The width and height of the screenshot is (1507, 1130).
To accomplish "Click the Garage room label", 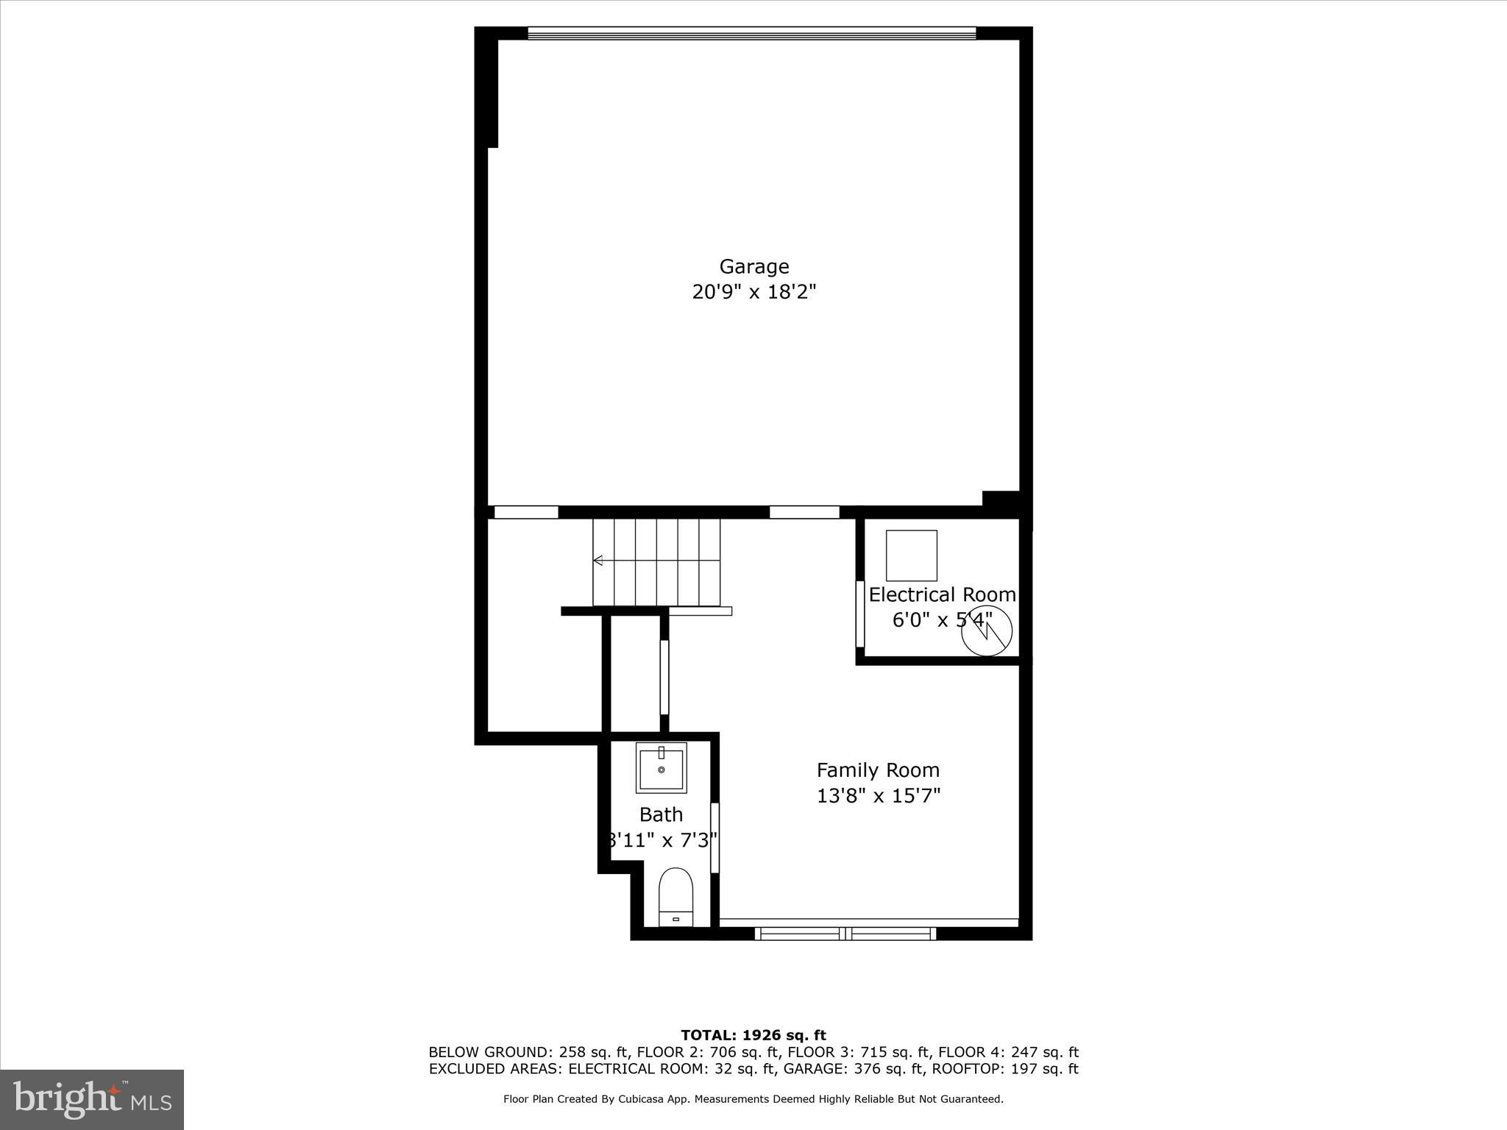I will [753, 266].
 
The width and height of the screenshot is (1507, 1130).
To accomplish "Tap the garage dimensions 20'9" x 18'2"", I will [753, 293].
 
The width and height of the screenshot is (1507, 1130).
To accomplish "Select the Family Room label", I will [878, 770].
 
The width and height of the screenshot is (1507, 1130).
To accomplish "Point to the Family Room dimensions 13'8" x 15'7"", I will [878, 796].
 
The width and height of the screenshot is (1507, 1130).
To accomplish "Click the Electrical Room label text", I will [942, 594].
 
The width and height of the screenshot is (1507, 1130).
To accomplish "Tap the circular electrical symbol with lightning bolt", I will [987, 630].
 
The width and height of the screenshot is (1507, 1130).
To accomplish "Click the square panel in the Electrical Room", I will [911, 555].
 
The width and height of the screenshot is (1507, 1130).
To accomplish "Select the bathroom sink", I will [661, 767].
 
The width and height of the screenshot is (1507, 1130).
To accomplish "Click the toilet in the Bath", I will [676, 897].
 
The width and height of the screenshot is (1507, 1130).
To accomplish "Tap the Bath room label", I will [661, 814].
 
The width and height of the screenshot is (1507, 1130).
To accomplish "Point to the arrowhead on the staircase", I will [598, 561].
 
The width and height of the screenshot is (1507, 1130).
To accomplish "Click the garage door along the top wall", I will [751, 33].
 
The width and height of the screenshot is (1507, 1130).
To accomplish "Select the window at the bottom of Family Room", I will [845, 934].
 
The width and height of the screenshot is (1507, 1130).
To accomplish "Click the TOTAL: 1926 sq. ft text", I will [753, 1036].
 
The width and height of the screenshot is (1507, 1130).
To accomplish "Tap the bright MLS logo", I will [92, 1100].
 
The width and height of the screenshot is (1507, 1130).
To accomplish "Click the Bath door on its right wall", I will [714, 837].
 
